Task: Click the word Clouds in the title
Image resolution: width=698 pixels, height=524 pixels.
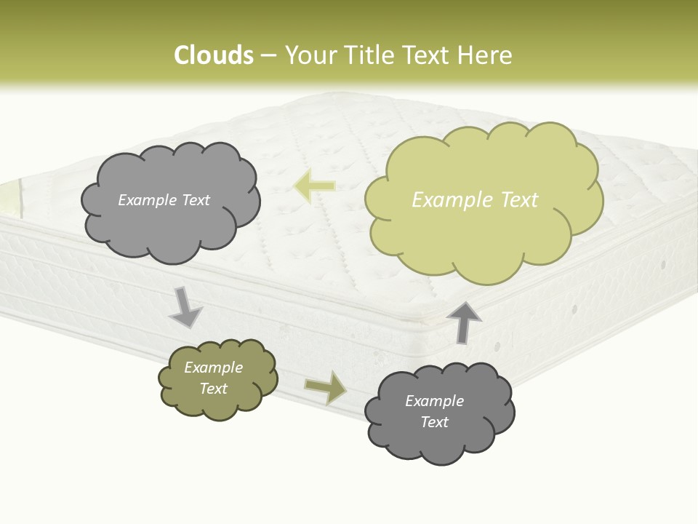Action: pos(213,55)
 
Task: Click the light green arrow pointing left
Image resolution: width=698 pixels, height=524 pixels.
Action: pos(315,186)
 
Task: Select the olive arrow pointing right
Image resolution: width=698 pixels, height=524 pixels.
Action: pos(326,387)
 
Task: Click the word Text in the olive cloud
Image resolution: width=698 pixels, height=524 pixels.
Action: pos(214,389)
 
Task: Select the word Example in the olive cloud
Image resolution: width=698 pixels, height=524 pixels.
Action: pos(214,368)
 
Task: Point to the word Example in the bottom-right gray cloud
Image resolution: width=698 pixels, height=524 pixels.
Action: pos(434,401)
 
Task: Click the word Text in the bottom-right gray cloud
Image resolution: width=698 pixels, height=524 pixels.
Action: pos(434,422)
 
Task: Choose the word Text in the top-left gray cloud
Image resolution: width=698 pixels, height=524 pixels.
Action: pos(195,200)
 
